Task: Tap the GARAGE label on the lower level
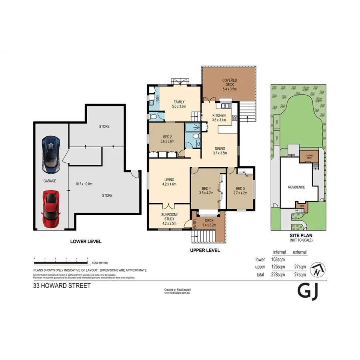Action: [x=50, y=181]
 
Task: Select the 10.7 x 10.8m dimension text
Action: [x=84, y=184]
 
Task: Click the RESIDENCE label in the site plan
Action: [x=296, y=187]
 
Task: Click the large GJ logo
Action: [x=308, y=292]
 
